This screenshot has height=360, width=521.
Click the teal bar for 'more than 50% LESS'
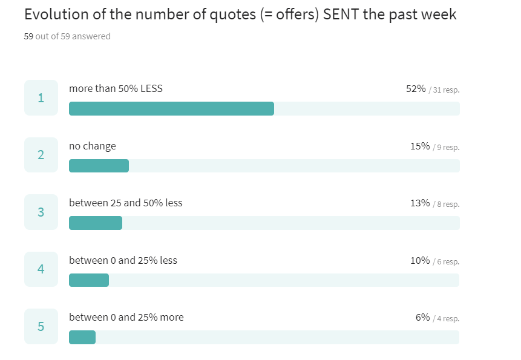171,108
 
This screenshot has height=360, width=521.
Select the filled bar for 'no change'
99,166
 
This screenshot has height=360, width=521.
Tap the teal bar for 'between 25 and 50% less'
96,223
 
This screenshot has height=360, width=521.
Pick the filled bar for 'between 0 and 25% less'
89,280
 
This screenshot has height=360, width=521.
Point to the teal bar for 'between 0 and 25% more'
82,337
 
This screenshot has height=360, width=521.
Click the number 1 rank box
41,97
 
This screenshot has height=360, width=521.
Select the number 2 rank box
41,155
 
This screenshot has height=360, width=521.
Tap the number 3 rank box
41,212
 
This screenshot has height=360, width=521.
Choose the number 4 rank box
41,269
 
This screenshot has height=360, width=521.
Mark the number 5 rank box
41,326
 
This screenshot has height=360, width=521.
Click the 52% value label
416,89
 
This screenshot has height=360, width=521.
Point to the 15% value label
420,146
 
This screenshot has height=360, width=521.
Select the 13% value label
420,203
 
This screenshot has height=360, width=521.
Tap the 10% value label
420,261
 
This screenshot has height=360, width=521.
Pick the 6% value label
422,318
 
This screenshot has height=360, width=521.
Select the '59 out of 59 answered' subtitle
67,36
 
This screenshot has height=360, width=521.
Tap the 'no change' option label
93,146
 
